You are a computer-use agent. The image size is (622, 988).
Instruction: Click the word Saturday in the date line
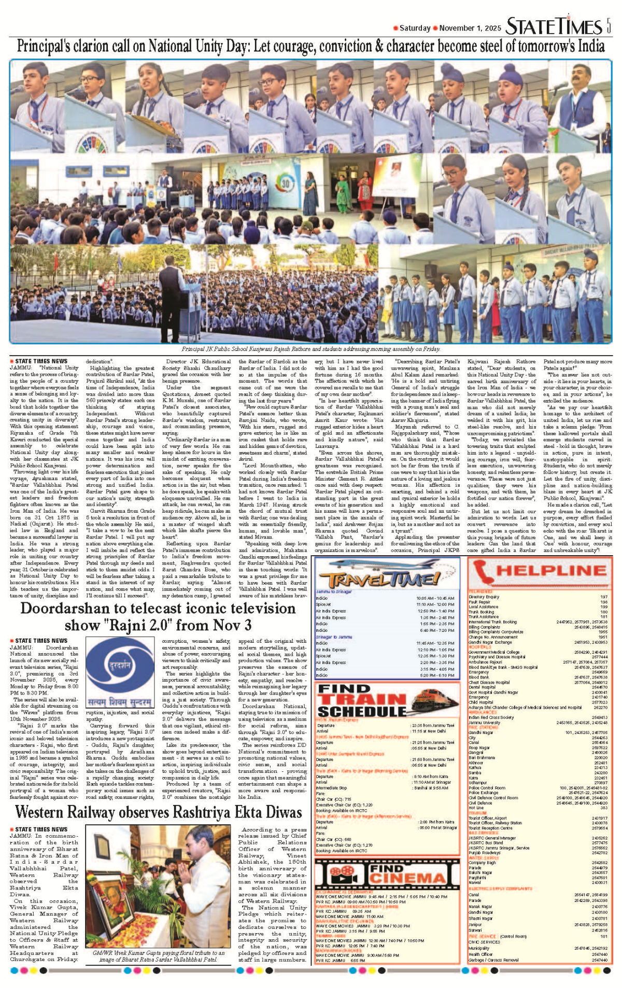(x=415, y=28)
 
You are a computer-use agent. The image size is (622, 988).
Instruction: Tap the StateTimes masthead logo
(x=553, y=26)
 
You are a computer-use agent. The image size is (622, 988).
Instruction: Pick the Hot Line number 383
(x=603, y=808)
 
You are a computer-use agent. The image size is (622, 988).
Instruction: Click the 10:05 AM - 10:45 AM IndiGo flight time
(x=435, y=598)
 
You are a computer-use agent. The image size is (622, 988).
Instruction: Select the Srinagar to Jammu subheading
(x=334, y=637)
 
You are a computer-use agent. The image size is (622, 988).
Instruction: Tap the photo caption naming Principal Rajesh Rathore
(x=310, y=349)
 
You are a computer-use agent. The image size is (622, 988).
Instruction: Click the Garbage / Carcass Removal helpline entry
(x=493, y=960)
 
